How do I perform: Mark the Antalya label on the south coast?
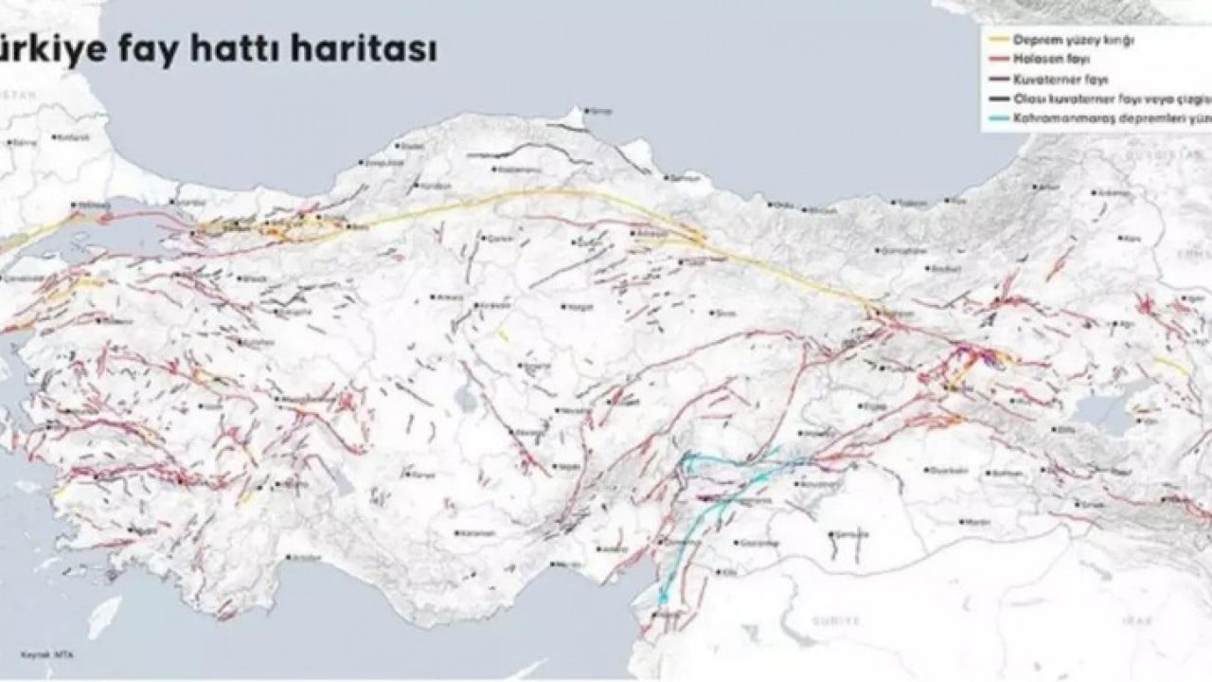coord(305,559)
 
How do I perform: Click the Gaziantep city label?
coord(755,545)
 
